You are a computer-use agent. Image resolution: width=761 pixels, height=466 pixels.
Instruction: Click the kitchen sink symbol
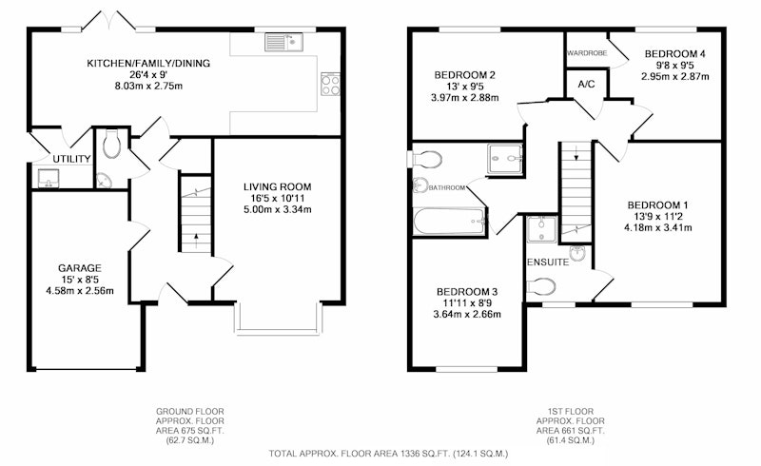tap(283, 42)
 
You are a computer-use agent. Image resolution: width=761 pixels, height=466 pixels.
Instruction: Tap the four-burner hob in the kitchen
tap(330, 85)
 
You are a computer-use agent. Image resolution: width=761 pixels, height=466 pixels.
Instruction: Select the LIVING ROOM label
tap(277, 187)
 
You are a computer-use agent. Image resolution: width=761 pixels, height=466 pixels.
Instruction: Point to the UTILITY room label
tap(71, 159)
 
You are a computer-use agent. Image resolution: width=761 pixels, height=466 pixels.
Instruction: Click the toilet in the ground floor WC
tap(111, 144)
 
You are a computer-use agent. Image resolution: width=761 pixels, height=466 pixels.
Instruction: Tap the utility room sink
tap(49, 178)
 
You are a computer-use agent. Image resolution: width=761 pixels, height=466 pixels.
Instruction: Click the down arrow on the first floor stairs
tap(576, 154)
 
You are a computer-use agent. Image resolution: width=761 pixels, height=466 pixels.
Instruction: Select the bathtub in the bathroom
tap(449, 222)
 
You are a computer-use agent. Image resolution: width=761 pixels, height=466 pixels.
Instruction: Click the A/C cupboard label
tap(586, 85)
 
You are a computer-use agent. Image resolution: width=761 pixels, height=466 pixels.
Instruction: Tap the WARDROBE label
tap(587, 53)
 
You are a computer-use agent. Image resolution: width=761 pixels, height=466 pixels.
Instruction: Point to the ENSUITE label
tap(548, 262)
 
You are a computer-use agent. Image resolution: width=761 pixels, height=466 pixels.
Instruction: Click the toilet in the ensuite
tap(541, 286)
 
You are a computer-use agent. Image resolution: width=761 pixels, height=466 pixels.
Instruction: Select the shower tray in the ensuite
tap(541, 228)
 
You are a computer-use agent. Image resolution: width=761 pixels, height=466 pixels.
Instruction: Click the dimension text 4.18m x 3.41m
tap(657, 227)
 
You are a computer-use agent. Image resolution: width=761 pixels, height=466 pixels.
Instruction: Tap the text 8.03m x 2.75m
tap(148, 87)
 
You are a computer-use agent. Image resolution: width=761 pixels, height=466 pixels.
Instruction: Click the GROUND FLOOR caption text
tap(189, 411)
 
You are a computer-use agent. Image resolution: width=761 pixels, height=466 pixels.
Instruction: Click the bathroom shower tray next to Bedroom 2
tap(505, 158)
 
